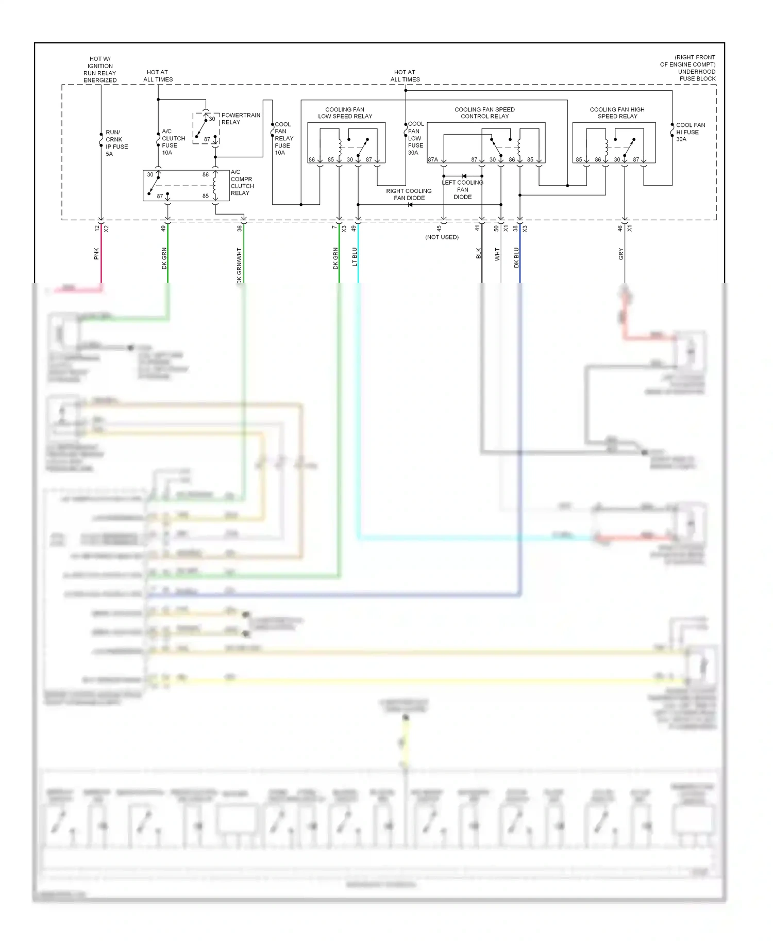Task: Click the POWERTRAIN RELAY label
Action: point(240,119)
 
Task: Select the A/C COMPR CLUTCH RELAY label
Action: point(242,183)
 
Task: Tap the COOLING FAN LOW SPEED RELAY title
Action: point(345,113)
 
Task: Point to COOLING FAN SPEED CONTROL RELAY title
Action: point(484,113)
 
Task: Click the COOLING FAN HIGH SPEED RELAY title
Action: point(617,113)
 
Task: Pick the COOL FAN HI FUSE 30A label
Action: point(690,132)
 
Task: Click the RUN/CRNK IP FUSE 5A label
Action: point(116,143)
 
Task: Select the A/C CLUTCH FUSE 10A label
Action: point(173,142)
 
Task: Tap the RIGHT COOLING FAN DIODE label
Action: point(409,194)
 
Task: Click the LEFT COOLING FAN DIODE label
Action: point(462,189)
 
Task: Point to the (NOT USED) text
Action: point(442,237)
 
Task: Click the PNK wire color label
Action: point(96,254)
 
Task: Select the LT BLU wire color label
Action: point(355,257)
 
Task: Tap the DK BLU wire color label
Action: point(516,257)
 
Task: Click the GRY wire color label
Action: point(621,254)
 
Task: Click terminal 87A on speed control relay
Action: point(433,160)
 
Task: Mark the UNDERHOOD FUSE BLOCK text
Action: point(696,75)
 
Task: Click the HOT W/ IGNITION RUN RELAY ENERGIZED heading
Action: point(100,70)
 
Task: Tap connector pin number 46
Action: point(620,228)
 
